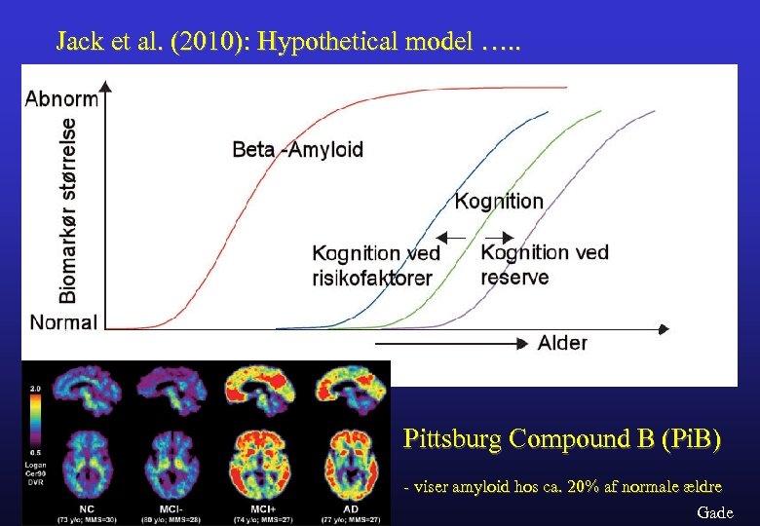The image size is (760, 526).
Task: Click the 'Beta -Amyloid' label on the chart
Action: (297, 149)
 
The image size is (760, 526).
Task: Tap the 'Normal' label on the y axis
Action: (63, 322)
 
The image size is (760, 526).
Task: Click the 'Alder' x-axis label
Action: (562, 343)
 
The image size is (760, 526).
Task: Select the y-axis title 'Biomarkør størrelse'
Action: (40, 209)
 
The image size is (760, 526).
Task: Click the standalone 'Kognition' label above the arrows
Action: (499, 202)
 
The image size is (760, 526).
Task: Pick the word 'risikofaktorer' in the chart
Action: (371, 277)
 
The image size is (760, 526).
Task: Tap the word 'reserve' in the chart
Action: (514, 276)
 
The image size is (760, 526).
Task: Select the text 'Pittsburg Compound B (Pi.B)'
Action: (562, 439)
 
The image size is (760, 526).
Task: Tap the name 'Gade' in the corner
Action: (715, 512)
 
